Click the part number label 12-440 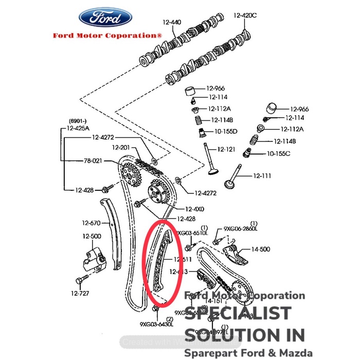[x=172, y=22]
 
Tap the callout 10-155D [x=226, y=131]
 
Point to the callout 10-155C [x=278, y=153]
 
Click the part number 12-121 [x=226, y=149]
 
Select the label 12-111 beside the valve [x=261, y=176]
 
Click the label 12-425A [x=78, y=128]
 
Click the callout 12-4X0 [x=194, y=209]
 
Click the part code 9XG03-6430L [x=156, y=325]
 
